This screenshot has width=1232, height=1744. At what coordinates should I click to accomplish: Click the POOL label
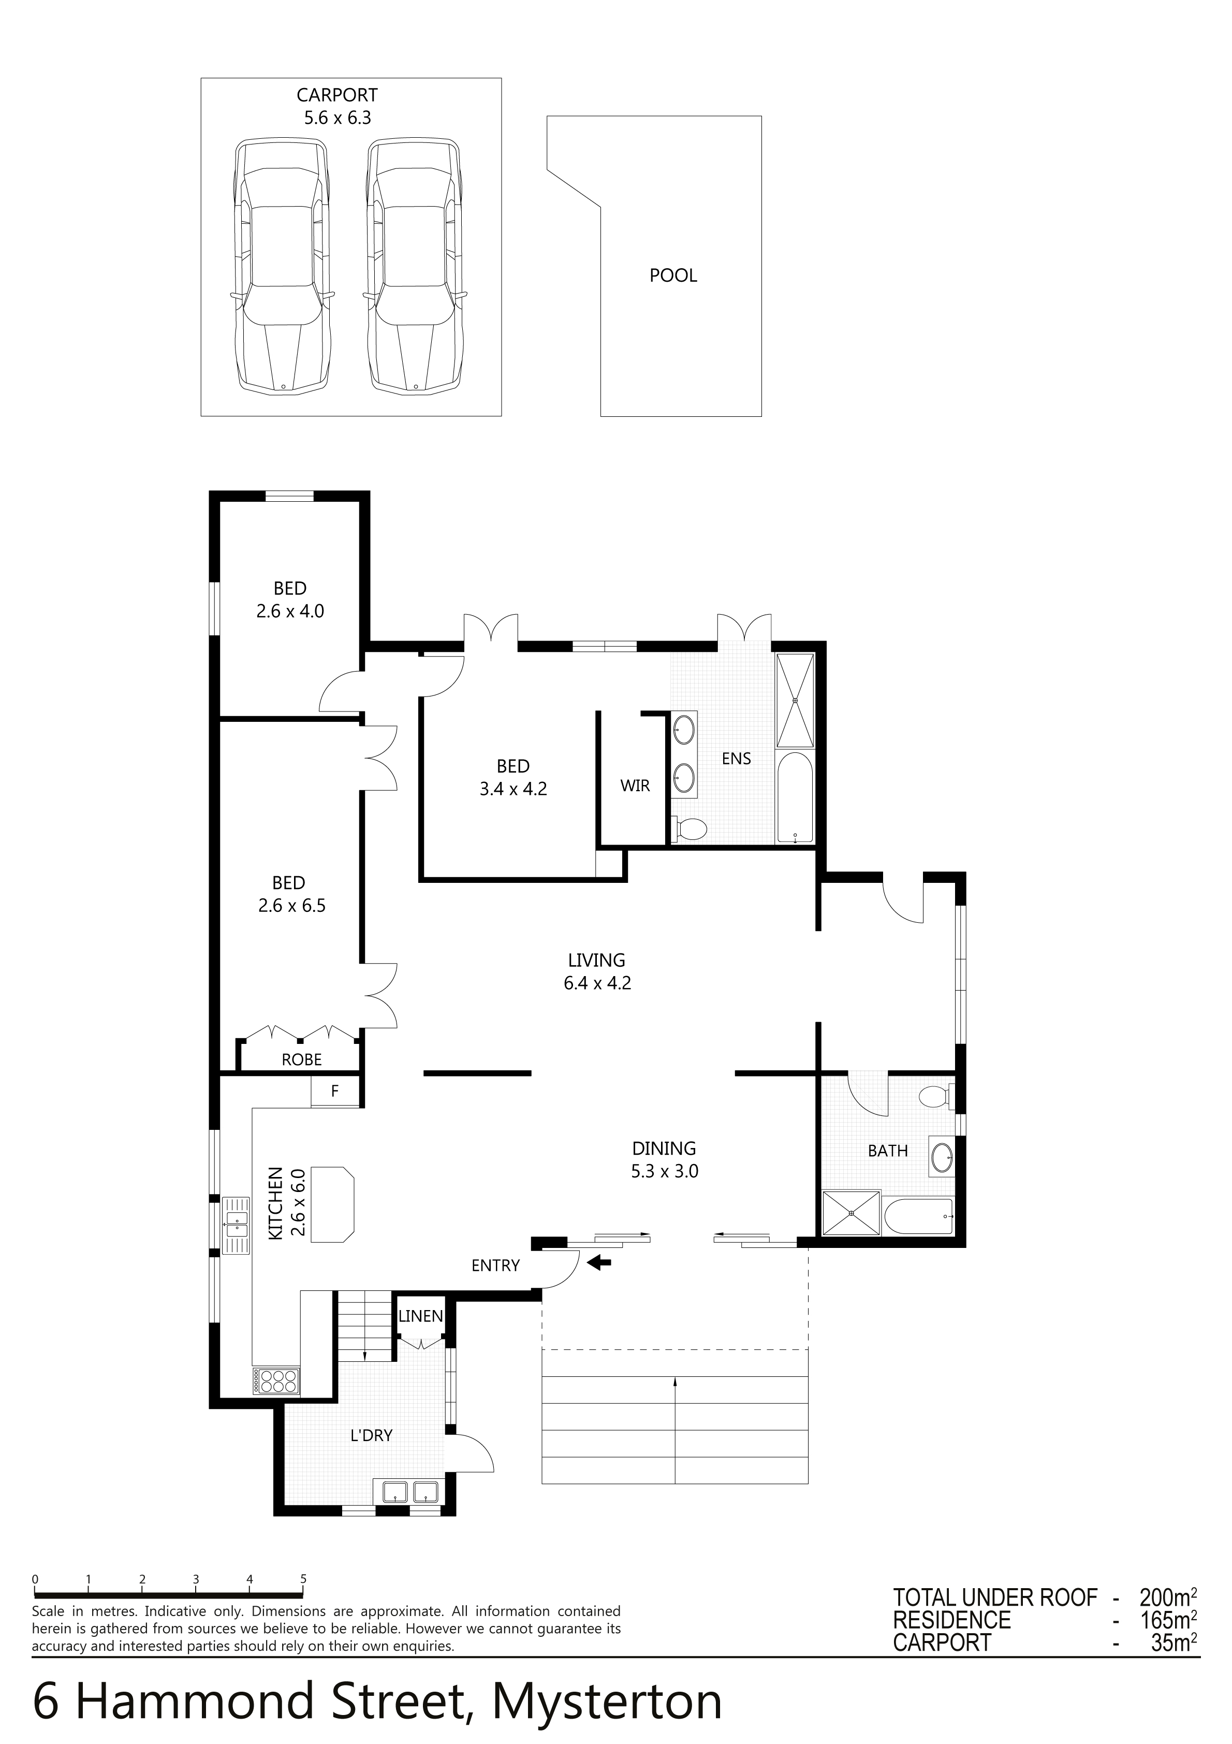(x=673, y=275)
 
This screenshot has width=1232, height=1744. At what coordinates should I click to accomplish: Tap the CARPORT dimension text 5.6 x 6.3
(x=337, y=118)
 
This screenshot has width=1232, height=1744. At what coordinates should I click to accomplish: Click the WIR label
(x=635, y=786)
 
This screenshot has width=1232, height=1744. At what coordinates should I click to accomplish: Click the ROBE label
(x=302, y=1059)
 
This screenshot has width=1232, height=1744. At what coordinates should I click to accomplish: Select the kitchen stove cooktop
(x=277, y=1381)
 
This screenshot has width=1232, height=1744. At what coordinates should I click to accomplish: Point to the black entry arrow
(x=600, y=1262)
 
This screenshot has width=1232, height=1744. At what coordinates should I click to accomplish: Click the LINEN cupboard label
(x=420, y=1316)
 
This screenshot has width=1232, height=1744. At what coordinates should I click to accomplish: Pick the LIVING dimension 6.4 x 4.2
(x=597, y=983)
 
